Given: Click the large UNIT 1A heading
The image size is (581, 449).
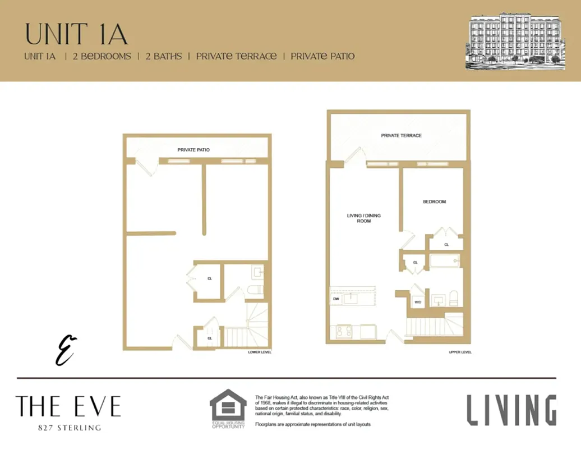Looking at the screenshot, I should click(76, 34).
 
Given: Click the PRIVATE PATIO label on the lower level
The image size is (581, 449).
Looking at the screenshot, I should click(193, 150).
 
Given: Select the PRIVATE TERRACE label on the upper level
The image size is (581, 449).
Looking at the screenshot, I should click(401, 135).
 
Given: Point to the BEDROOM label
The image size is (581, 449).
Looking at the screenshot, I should click(434, 201).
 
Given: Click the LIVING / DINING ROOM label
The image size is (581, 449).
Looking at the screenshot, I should click(359, 218).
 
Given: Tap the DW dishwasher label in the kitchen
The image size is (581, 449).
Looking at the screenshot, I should click(336, 299).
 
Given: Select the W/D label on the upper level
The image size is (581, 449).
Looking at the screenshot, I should click(418, 302).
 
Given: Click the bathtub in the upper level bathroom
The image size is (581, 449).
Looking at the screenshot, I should click(445, 261).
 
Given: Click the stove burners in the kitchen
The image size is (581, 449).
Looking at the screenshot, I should click(343, 332).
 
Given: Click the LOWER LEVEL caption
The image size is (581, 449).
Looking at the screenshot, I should click(260, 352).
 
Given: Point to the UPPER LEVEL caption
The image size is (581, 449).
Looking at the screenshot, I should click(460, 352).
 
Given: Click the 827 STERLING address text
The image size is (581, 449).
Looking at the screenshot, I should click(68, 428).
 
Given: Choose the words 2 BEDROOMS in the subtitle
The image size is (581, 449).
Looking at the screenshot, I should click(102, 56).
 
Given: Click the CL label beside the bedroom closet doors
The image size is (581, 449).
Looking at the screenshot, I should click(446, 245).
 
